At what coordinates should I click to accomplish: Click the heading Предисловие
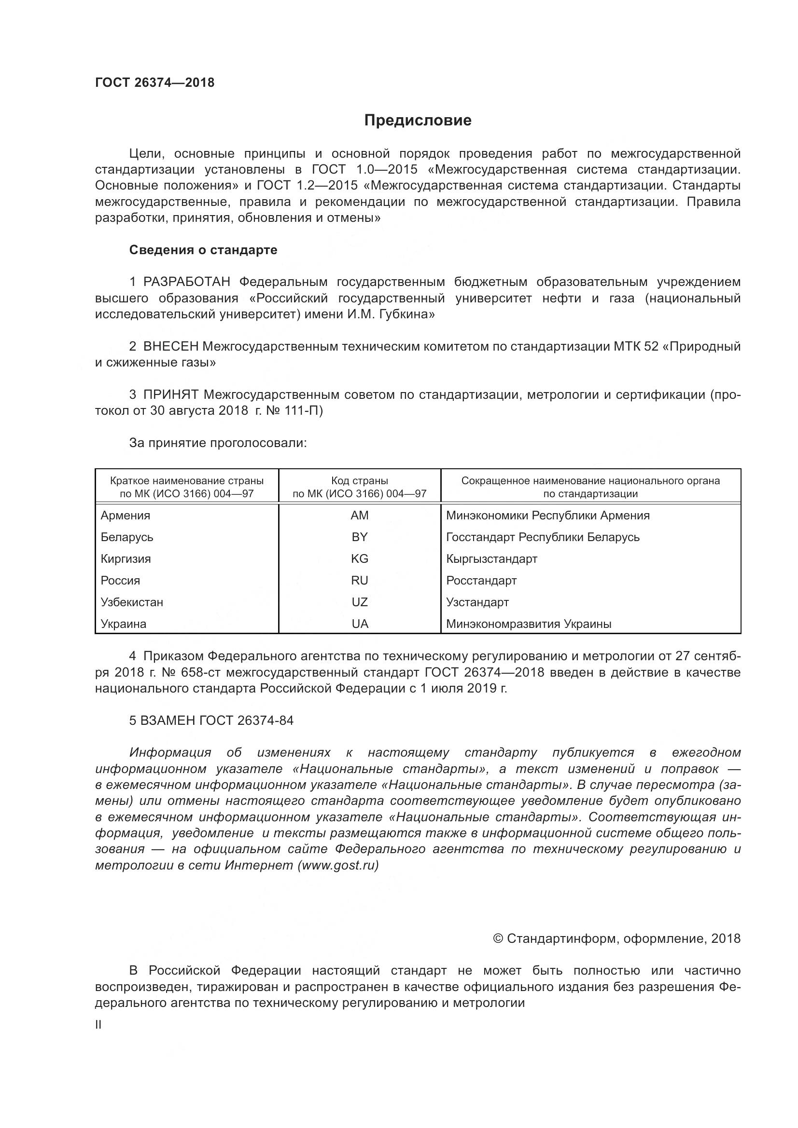[x=418, y=121]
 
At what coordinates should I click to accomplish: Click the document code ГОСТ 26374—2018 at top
[x=154, y=82]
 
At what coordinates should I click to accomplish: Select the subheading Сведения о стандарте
[x=203, y=250]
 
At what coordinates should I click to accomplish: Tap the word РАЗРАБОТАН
[x=187, y=282]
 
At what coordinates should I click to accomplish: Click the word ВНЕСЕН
[x=170, y=346]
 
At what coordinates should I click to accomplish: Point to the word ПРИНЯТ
[x=170, y=394]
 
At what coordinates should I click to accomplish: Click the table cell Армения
[x=126, y=516]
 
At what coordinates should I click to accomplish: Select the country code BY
[x=360, y=537]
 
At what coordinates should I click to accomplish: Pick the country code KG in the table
[x=360, y=558]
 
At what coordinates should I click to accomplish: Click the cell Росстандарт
[x=481, y=580]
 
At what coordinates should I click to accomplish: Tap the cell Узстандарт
[x=477, y=602]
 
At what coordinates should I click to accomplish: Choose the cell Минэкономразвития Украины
[x=529, y=624]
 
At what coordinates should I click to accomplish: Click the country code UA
[x=360, y=624]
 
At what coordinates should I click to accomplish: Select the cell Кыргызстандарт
[x=491, y=558]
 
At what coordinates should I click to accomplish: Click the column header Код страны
[x=360, y=480]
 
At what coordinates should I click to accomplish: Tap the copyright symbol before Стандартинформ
[x=498, y=939]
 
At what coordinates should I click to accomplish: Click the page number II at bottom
[x=98, y=1025]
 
